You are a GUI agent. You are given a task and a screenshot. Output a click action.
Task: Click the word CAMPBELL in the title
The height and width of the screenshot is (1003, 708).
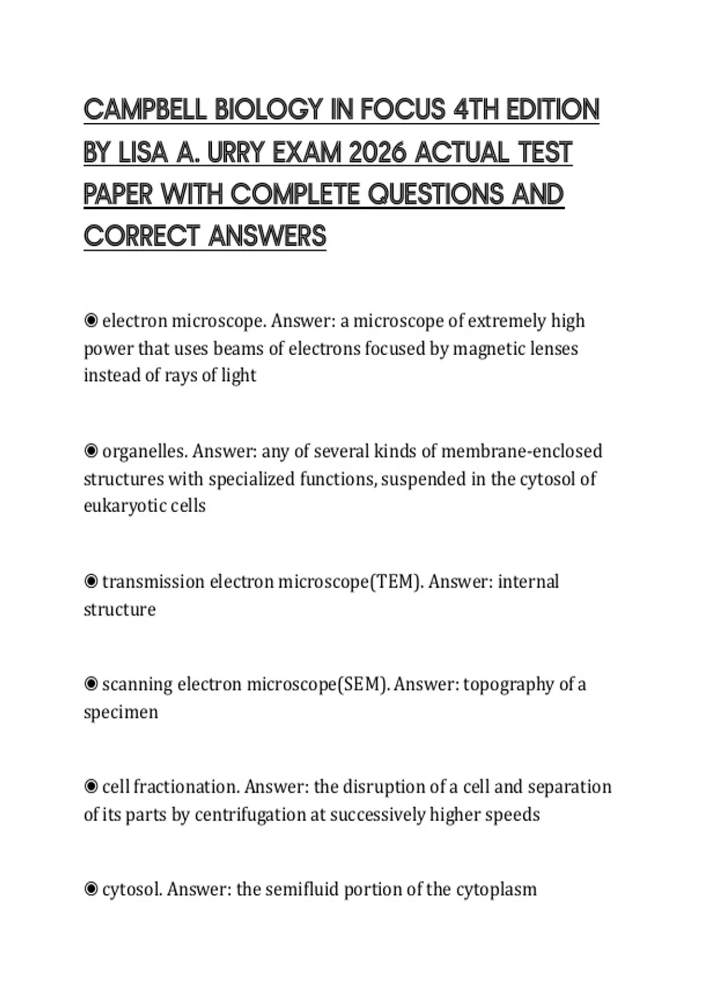pos(145,110)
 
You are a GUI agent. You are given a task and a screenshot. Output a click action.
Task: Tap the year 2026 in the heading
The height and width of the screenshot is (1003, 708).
pos(378,153)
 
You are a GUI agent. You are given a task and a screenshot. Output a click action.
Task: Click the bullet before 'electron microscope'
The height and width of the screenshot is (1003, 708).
pos(91,321)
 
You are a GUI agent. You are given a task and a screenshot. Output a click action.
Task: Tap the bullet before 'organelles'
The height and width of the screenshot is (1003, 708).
pos(91,451)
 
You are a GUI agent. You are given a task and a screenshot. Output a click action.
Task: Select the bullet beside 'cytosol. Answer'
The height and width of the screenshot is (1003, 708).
pos(91,889)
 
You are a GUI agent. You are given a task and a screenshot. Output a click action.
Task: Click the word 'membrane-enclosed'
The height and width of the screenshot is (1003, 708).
pos(522,451)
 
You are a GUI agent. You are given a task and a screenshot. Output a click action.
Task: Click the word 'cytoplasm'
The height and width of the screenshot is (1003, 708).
pos(496,889)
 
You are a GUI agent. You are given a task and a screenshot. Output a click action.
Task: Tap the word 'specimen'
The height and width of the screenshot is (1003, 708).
pos(121,712)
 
